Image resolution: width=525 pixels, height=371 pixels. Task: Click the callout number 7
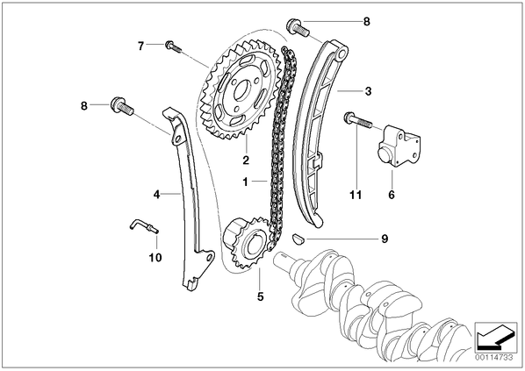(x=141, y=46)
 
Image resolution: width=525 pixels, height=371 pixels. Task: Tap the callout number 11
(x=356, y=195)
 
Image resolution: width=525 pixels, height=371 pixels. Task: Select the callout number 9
(x=385, y=239)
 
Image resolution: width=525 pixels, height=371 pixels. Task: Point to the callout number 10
(x=155, y=257)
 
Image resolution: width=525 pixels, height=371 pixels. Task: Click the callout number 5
(x=261, y=296)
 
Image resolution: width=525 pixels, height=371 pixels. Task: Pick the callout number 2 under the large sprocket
(x=246, y=160)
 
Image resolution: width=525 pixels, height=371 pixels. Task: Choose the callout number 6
(x=392, y=195)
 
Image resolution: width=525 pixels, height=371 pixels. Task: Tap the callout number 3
(x=369, y=91)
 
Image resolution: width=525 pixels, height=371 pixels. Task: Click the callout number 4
(x=156, y=194)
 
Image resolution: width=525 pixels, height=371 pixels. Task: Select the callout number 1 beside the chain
(x=246, y=182)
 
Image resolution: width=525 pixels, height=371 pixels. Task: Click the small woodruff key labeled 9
(x=298, y=239)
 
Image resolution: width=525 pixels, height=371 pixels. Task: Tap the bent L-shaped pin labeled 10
(x=144, y=226)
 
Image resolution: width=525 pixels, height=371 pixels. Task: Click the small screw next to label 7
(x=173, y=46)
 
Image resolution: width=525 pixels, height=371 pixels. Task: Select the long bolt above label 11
(x=357, y=121)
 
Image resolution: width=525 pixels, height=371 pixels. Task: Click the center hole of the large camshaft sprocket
(x=241, y=91)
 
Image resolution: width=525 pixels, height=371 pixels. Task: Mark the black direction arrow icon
(x=495, y=336)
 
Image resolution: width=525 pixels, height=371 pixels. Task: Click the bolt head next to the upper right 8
(x=293, y=25)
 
